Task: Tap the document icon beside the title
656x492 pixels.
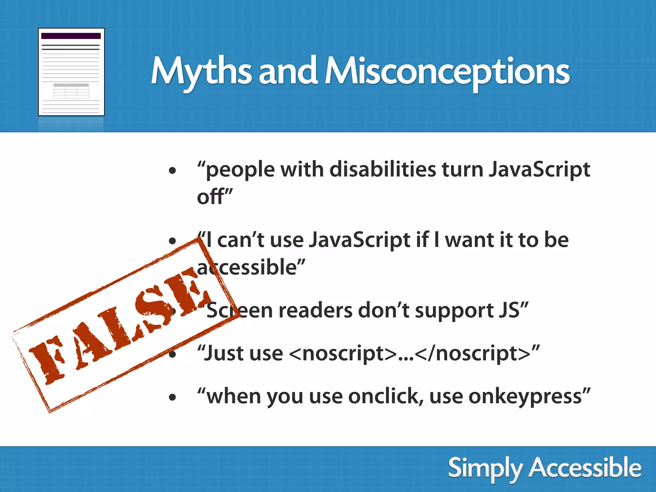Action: point(71,72)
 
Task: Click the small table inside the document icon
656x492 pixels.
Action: point(71,91)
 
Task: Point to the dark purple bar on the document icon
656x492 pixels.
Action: point(71,36)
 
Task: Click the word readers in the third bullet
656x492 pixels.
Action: point(315,310)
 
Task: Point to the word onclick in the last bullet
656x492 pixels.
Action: point(384,397)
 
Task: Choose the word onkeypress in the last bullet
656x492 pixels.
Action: point(525,397)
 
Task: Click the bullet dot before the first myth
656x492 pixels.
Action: point(173,171)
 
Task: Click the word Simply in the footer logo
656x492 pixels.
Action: point(484,468)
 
